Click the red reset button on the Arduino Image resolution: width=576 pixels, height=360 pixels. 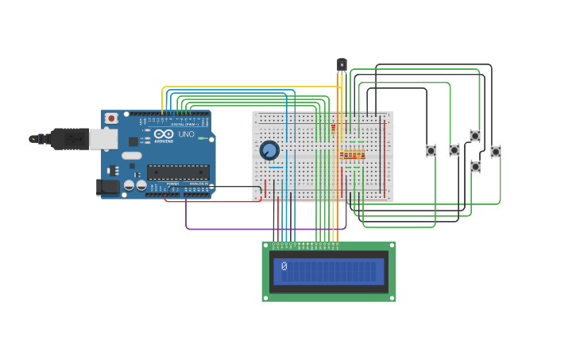111,118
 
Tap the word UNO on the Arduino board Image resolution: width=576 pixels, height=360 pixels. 186,134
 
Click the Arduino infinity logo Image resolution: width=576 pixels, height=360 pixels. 164,134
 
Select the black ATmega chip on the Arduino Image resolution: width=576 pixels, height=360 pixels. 178,172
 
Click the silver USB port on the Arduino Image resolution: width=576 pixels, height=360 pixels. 102,139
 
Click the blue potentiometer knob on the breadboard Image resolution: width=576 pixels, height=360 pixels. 269,150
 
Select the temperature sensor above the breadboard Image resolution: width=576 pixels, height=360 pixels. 342,64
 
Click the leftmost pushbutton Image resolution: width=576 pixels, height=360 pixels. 431,150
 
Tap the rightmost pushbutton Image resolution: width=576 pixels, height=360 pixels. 496,151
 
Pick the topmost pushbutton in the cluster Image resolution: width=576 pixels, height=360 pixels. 475,136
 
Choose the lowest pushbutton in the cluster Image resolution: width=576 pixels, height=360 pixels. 475,167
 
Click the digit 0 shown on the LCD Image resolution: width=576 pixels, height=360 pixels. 284,267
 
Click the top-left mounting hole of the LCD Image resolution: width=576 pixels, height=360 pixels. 266,246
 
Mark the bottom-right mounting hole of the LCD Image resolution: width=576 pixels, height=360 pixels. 392,297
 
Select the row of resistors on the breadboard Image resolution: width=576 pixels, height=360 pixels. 352,155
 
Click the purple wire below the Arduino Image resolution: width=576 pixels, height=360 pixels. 262,229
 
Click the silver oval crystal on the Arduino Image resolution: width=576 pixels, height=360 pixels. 131,156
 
